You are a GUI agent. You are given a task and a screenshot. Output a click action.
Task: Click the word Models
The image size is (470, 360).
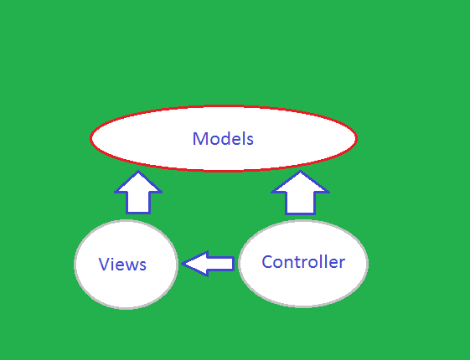pyautogui.click(x=223, y=139)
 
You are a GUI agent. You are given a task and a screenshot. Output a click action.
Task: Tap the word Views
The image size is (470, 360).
pyautogui.click(x=122, y=265)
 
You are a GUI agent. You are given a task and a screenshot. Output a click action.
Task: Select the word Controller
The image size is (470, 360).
pyautogui.click(x=303, y=262)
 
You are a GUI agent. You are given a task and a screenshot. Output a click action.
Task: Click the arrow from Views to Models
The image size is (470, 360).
pyautogui.click(x=138, y=193)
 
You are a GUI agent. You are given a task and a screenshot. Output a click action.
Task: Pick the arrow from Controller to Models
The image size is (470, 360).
pyautogui.click(x=301, y=193)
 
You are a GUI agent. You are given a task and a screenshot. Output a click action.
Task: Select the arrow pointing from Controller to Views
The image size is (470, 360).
pyautogui.click(x=208, y=264)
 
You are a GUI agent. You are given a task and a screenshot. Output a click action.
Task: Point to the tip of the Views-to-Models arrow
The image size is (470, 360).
pyautogui.click(x=138, y=172)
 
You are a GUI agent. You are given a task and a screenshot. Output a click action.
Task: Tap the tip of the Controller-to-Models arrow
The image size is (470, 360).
pyautogui.click(x=301, y=172)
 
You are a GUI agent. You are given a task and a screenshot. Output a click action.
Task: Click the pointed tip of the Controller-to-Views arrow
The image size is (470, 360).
pyautogui.click(x=183, y=264)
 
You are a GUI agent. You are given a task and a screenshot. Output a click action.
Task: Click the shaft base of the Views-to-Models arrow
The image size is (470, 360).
pyautogui.click(x=138, y=211)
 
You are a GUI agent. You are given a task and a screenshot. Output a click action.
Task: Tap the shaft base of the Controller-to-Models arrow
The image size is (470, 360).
pyautogui.click(x=301, y=212)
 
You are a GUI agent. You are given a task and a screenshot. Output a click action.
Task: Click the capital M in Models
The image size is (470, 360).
pyautogui.click(x=200, y=139)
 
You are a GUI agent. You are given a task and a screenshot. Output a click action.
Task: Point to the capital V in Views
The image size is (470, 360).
pyautogui.click(x=104, y=265)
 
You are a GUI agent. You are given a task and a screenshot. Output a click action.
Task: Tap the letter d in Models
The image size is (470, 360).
pyautogui.click(x=222, y=139)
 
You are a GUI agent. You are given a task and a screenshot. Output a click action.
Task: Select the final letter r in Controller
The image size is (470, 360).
pyautogui.click(x=342, y=263)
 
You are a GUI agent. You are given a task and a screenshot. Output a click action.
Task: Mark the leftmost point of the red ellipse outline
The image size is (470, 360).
pyautogui.click(x=90, y=139)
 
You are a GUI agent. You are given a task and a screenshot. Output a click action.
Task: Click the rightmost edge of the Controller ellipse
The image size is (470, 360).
pyautogui.click(x=367, y=263)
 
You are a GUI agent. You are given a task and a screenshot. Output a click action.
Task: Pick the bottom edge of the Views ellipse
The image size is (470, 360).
pyautogui.click(x=126, y=308)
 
